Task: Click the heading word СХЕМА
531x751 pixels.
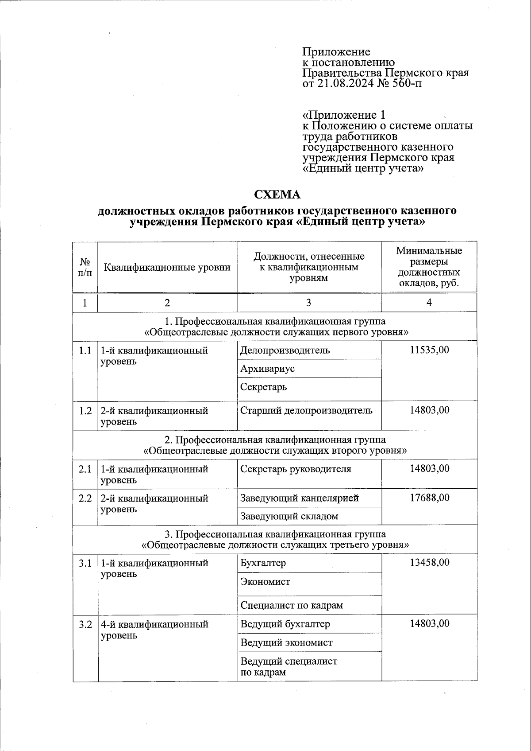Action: click(x=277, y=195)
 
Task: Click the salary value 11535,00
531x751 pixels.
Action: click(x=429, y=350)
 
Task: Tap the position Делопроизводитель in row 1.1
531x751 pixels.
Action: click(x=285, y=350)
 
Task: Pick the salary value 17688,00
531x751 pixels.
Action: click(x=429, y=498)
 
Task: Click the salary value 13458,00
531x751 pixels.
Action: click(x=429, y=562)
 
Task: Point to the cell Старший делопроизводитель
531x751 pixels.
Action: click(x=306, y=410)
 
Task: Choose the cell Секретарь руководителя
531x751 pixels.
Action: click(x=296, y=469)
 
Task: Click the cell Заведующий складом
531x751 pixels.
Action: click(x=289, y=516)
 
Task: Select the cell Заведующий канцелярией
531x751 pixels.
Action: click(x=299, y=498)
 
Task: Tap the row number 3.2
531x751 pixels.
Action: click(x=85, y=625)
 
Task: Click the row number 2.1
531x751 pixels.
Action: click(x=85, y=469)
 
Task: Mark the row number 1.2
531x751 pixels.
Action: click(x=85, y=411)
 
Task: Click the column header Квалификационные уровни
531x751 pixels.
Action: click(x=167, y=267)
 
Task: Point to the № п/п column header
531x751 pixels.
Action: click(x=85, y=267)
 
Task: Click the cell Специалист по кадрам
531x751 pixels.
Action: click(x=292, y=605)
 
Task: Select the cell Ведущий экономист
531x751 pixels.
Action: click(x=286, y=642)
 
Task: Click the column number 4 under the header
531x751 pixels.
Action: click(x=429, y=302)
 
